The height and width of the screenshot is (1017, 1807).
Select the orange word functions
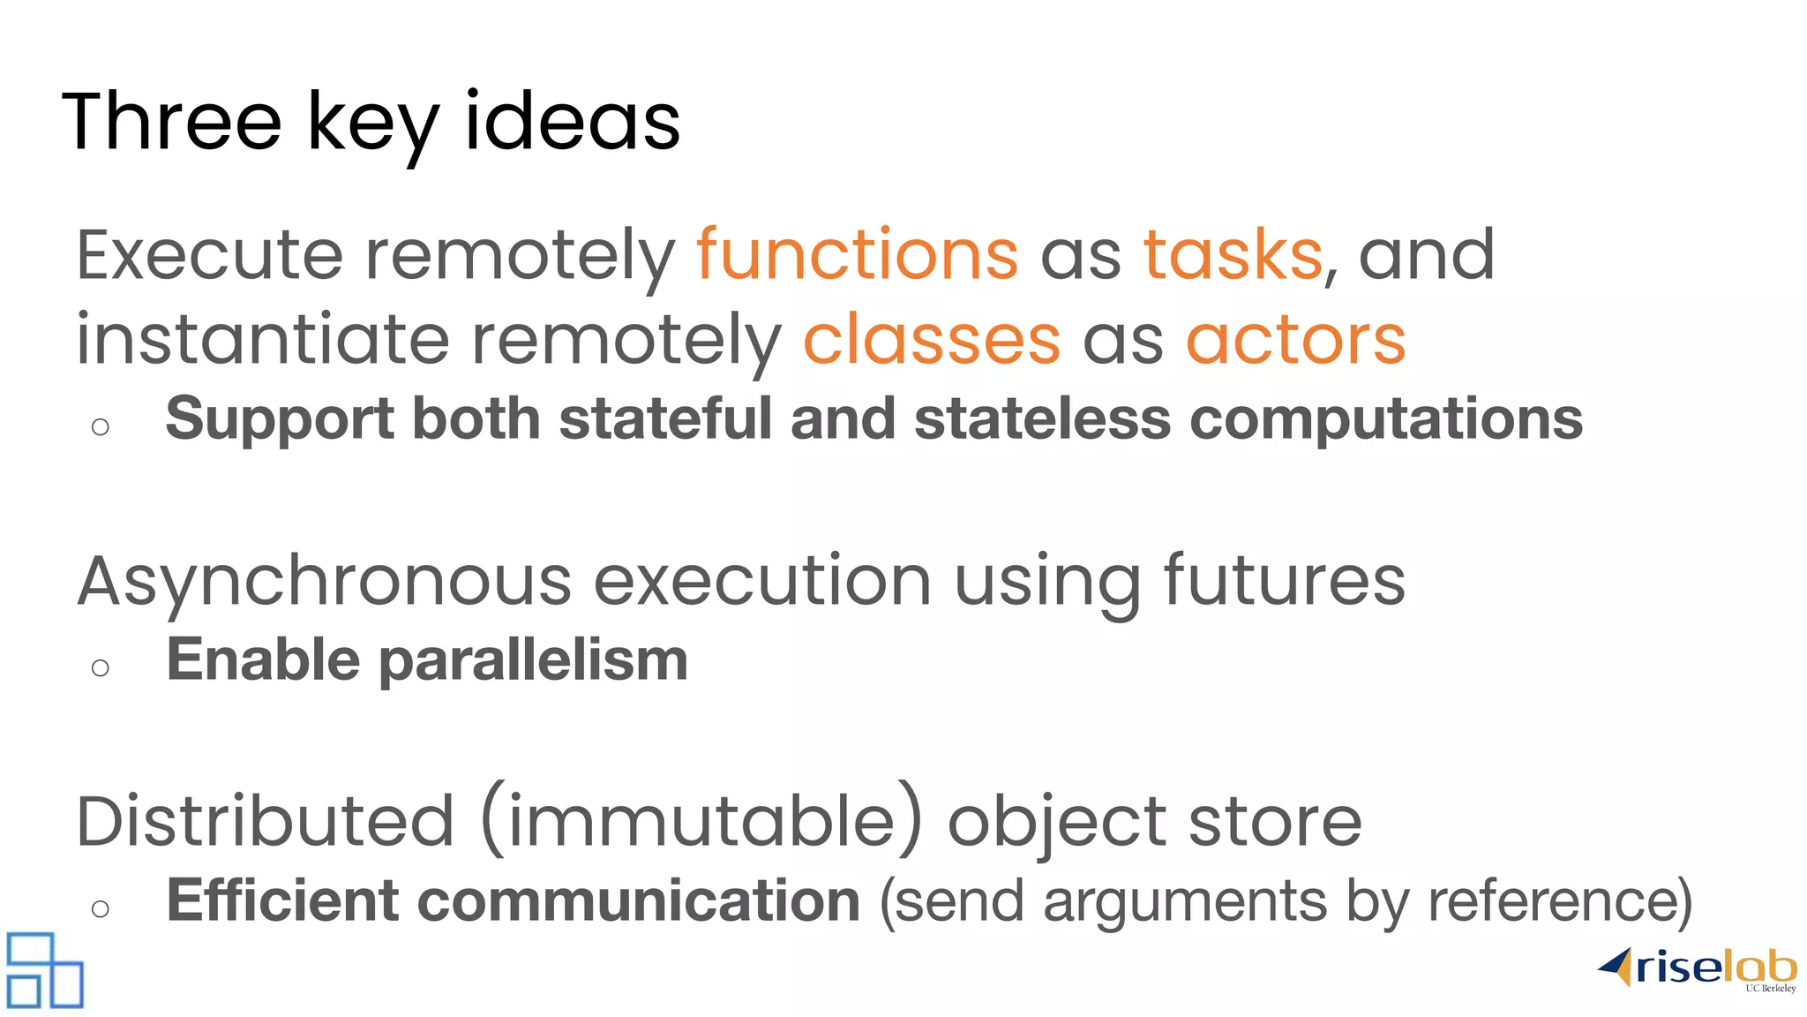pos(857,255)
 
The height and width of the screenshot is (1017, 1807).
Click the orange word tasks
pos(1233,255)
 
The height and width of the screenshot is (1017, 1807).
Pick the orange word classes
pos(931,340)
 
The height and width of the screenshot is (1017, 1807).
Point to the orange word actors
pos(1295,340)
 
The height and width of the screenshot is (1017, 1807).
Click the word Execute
pos(209,255)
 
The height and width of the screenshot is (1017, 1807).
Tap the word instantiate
pos(263,340)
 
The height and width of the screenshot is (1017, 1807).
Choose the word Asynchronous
pos(325,583)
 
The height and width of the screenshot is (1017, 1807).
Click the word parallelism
pos(533,660)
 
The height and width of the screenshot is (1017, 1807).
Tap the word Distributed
pos(266,822)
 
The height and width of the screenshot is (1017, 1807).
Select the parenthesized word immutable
pos(702,822)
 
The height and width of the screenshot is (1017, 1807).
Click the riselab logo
pos(1698,969)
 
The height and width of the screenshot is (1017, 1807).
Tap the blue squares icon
pos(44,970)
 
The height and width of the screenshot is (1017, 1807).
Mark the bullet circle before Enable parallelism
pos(101,668)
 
